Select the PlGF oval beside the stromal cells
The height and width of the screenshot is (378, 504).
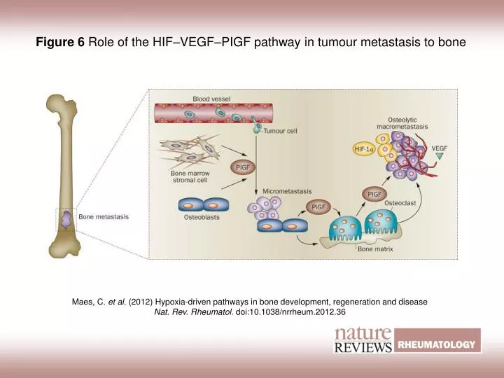pyautogui.click(x=243, y=168)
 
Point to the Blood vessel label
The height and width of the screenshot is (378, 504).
pyautogui.click(x=211, y=98)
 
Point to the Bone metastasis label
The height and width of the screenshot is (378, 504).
pyautogui.click(x=104, y=217)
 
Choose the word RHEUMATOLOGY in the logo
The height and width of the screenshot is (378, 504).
pyautogui.click(x=438, y=344)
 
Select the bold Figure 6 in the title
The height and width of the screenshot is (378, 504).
pyautogui.click(x=60, y=42)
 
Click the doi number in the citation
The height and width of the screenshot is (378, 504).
pyautogui.click(x=290, y=311)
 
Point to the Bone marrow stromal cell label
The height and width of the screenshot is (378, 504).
pyautogui.click(x=191, y=178)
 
